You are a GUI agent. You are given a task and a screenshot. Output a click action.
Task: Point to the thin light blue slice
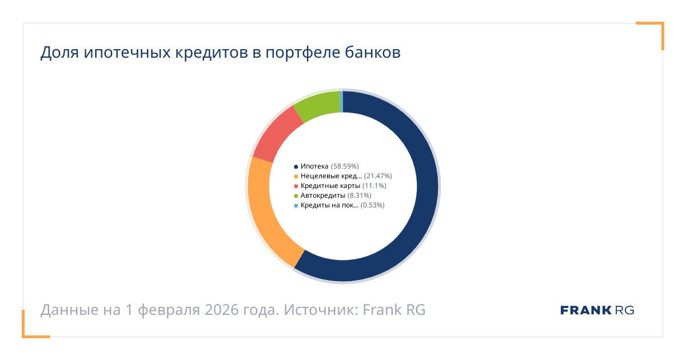(341, 101)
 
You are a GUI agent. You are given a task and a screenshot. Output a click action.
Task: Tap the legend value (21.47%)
(378, 176)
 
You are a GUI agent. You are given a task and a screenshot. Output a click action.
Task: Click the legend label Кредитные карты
(330, 186)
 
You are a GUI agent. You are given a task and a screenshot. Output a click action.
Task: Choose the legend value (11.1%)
(374, 186)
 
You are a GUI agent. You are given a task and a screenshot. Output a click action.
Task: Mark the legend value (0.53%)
(373, 205)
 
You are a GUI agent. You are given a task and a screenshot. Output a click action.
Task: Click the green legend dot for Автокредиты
(296, 195)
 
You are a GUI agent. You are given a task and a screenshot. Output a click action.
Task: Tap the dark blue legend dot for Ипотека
(296, 166)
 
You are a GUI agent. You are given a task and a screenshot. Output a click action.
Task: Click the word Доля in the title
(59, 53)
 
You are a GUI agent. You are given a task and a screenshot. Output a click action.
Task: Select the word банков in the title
(372, 53)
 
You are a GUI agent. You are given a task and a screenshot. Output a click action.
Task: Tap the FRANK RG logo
(597, 310)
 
